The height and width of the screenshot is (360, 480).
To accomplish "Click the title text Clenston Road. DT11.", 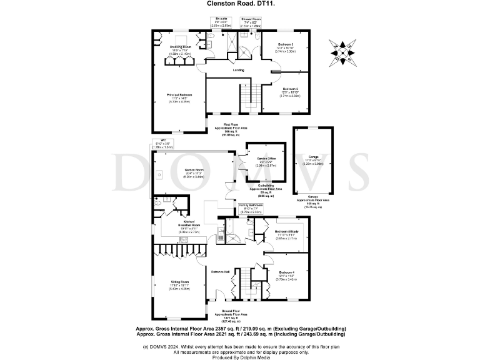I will pyautogui.click(x=239, y=3).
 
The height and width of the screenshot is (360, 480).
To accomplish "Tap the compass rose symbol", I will pyautogui.click(x=341, y=52).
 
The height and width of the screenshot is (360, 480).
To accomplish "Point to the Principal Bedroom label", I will pyautogui.click(x=179, y=95).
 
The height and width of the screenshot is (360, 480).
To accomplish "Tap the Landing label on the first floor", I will pyautogui.click(x=238, y=70).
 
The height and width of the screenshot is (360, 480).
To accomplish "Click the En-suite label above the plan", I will pyautogui.click(x=222, y=19).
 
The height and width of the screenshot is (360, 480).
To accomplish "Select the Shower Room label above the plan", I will pyautogui.click(x=251, y=19).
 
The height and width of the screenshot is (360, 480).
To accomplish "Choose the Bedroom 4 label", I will pyautogui.click(x=287, y=273).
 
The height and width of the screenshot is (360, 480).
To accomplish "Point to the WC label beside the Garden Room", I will pyautogui.click(x=161, y=141).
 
